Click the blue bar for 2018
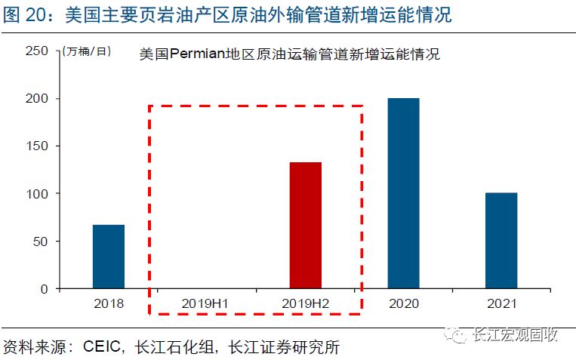[109, 257]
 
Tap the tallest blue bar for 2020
[403, 193]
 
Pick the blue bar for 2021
[501, 241]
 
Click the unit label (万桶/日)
[87, 51]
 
